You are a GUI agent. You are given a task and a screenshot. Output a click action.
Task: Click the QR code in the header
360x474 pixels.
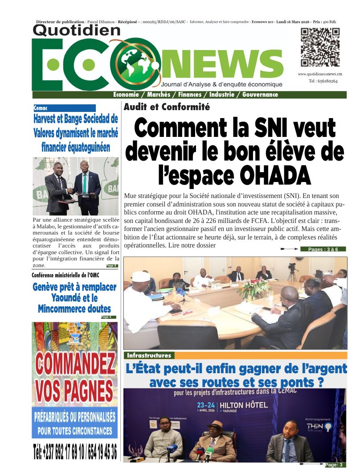320,47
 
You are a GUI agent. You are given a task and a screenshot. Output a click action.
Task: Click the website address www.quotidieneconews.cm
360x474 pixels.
320,74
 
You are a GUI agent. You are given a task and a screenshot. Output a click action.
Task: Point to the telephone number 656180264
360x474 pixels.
323,81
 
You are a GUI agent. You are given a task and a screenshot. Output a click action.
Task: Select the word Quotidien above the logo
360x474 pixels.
77,30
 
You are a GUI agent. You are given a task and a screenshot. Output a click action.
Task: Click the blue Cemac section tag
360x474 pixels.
64,108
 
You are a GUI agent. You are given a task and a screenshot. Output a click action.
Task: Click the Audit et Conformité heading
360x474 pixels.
167,107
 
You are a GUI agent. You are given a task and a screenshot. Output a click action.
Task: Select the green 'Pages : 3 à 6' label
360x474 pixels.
323,249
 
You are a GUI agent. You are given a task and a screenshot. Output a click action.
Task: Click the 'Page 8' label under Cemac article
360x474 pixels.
112,266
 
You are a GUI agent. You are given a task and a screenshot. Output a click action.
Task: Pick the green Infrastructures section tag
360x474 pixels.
149,355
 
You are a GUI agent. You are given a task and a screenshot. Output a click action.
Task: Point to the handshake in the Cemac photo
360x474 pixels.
71,189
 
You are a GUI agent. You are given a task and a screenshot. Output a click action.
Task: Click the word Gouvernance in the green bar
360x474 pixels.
260,95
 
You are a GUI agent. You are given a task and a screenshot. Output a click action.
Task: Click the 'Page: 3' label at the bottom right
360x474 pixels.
334,465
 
